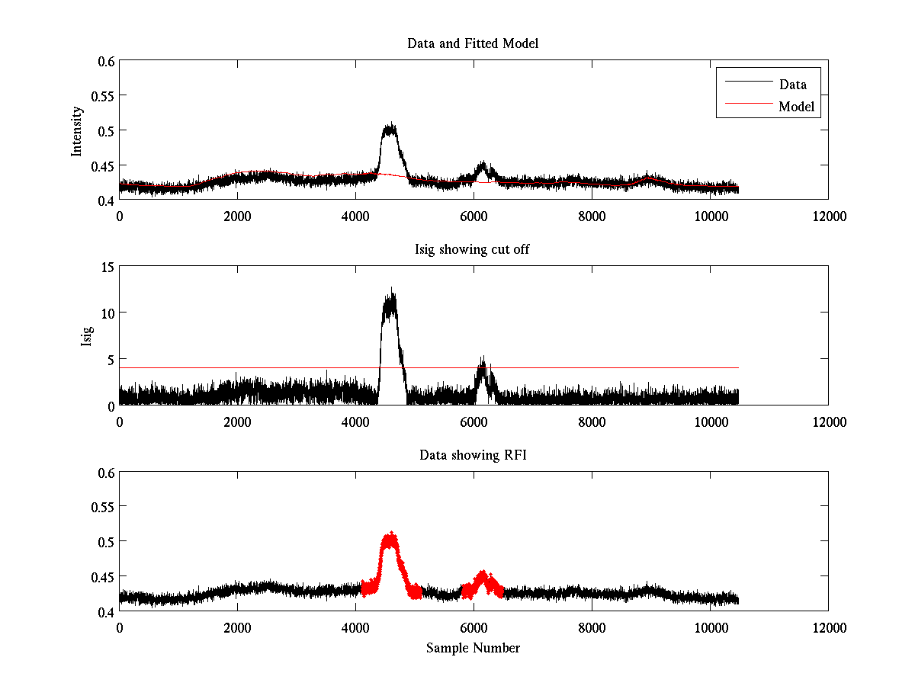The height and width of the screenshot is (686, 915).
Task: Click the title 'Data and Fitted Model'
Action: coord(473,43)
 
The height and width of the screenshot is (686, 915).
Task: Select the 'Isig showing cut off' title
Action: coord(473,249)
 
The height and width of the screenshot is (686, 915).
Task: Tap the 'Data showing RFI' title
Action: coord(473,455)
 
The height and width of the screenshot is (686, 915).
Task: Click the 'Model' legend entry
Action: coord(796,107)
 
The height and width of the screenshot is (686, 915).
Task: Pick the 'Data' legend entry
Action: coord(793,84)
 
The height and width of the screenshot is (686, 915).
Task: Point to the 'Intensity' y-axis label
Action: coord(76,130)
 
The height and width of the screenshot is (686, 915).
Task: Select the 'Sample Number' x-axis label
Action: coord(473,648)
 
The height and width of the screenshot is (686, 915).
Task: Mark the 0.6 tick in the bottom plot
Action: coord(103,473)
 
